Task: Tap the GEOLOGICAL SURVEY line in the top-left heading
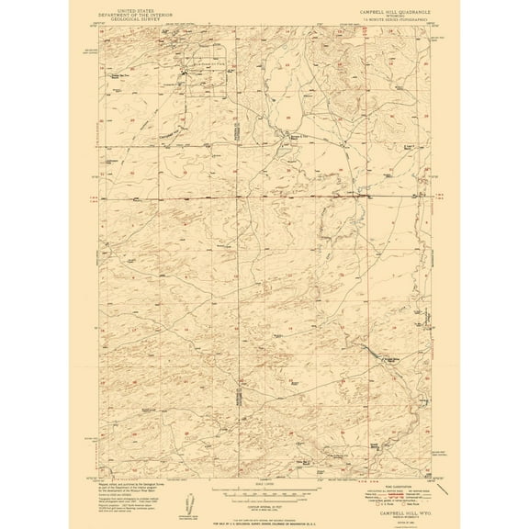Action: (x=143, y=19)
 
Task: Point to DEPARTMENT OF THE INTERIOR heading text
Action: (x=143, y=14)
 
